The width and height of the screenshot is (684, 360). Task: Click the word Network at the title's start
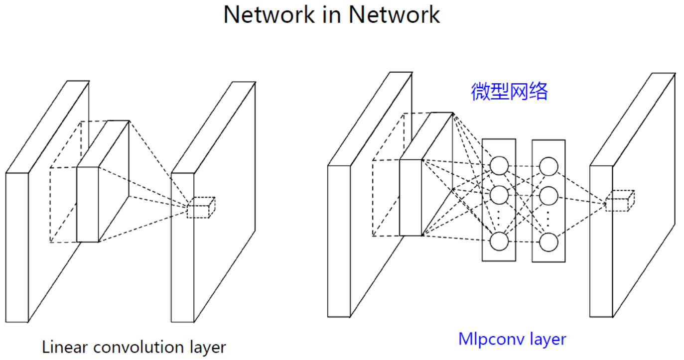[x=263, y=14]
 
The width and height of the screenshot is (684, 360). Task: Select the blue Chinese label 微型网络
[x=509, y=92]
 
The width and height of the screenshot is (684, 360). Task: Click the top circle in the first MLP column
[x=499, y=165]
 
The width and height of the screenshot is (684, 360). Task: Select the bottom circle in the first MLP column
[x=499, y=241]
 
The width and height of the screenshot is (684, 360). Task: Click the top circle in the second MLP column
[x=548, y=166]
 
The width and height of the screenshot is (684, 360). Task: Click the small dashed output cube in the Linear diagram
[x=201, y=208]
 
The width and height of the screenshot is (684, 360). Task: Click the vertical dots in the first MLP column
[x=499, y=217]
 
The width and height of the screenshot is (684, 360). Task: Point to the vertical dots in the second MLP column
[x=548, y=218]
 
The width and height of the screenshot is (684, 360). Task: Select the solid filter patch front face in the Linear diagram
[x=88, y=204]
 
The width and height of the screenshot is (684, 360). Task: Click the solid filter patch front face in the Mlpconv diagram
[x=410, y=197]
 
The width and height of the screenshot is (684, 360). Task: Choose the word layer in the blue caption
[x=547, y=339]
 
